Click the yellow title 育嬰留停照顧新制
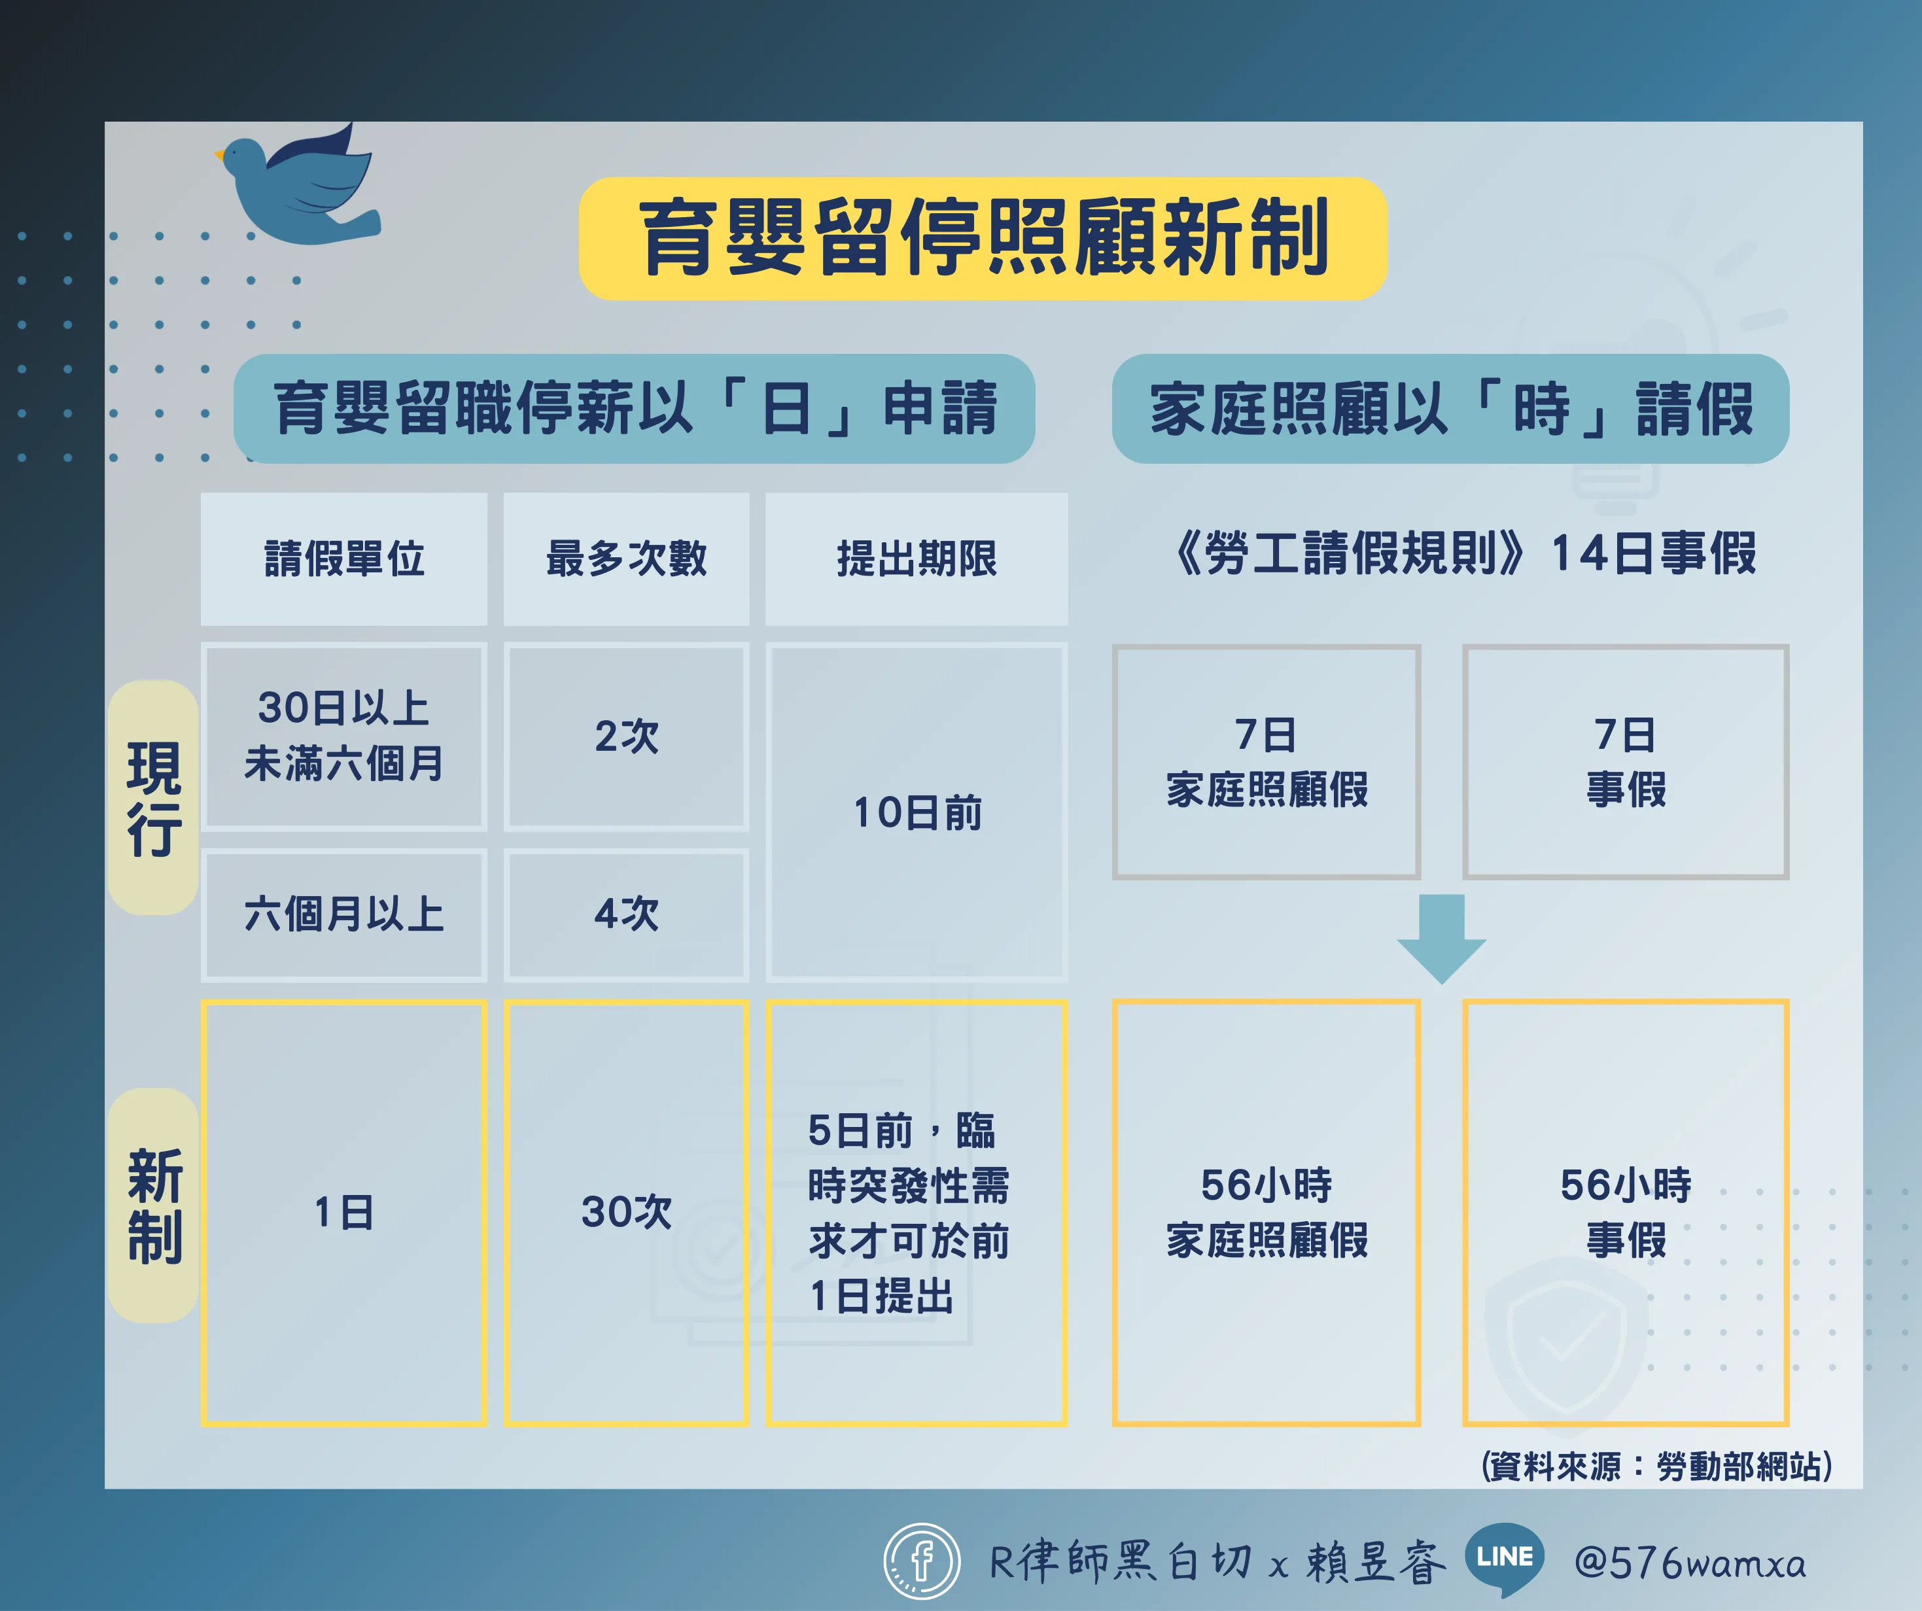pyautogui.click(x=983, y=238)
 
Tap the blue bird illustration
pyautogui.click(x=299, y=186)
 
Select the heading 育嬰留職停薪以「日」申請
pyautogui.click(x=635, y=408)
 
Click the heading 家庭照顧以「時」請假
pyautogui.click(x=1450, y=408)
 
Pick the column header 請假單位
pyautogui.click(x=344, y=559)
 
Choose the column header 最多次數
pyautogui.click(x=626, y=559)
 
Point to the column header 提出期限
pyautogui.click(x=916, y=559)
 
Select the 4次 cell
pyautogui.click(x=626, y=914)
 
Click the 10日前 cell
pyautogui.click(x=916, y=812)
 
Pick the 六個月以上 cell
pyautogui.click(x=344, y=914)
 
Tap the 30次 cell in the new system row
pyautogui.click(x=626, y=1213)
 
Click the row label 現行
pyautogui.click(x=154, y=798)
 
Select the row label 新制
pyautogui.click(x=154, y=1205)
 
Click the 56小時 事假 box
pyautogui.click(x=1626, y=1213)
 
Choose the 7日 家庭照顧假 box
pyautogui.click(x=1267, y=761)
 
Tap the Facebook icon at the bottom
pyautogui.click(x=922, y=1561)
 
